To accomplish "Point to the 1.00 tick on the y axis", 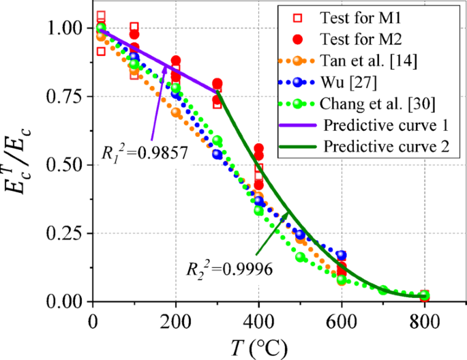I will [x=69, y=29].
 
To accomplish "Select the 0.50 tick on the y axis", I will [x=69, y=165].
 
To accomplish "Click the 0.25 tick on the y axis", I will [x=69, y=233].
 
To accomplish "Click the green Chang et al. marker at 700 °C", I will [x=383, y=290].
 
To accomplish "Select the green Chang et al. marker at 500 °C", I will [x=301, y=257].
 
